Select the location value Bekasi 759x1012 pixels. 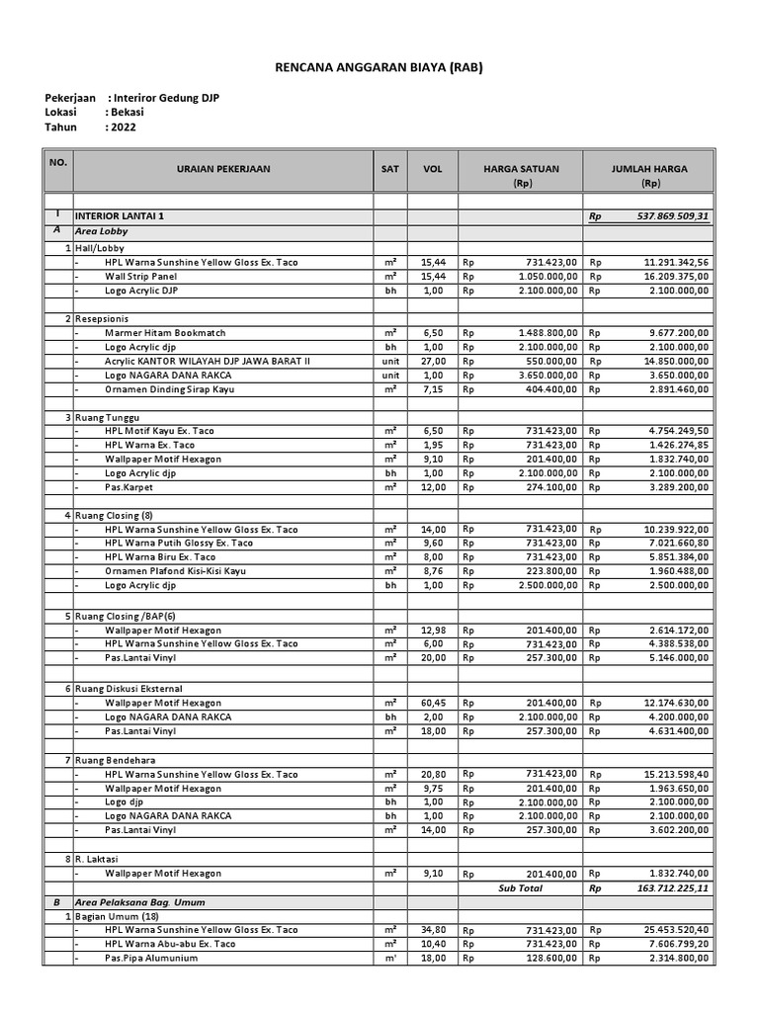[129, 113]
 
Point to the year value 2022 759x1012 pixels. [125, 126]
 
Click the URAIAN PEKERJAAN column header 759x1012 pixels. [222, 169]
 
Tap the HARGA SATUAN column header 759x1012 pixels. [520, 169]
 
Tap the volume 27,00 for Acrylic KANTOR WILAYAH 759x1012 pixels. [433, 362]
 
